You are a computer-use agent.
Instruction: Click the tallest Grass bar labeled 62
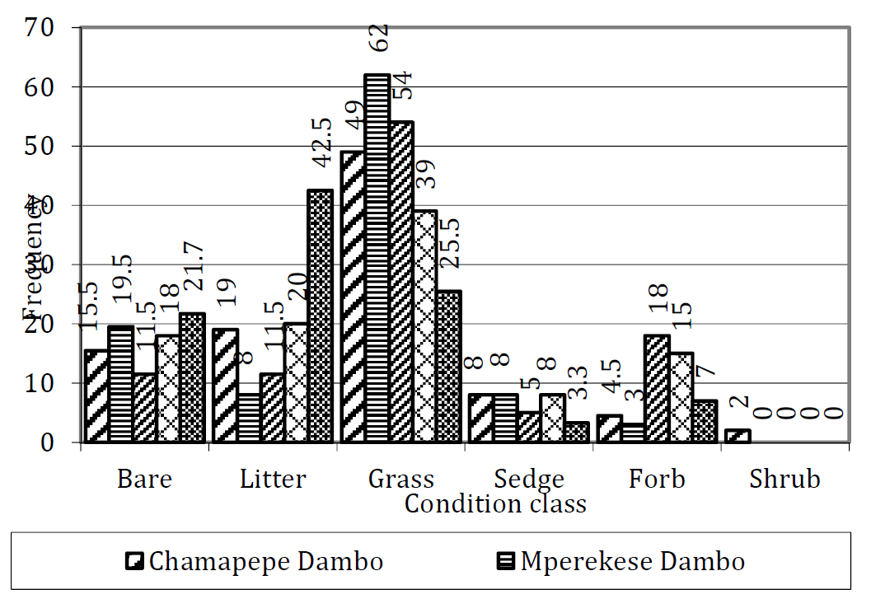(377, 258)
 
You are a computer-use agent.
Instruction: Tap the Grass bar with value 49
(352, 297)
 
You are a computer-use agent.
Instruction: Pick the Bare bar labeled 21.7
(191, 377)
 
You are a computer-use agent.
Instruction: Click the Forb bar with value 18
(657, 389)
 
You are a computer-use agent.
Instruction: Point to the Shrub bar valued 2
(738, 436)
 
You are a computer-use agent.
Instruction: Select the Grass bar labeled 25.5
(448, 367)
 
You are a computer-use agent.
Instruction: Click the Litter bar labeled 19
(225, 386)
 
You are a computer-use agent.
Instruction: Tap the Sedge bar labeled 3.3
(577, 433)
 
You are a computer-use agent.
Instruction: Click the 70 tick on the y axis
(41, 28)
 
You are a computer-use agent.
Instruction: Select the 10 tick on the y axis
(41, 384)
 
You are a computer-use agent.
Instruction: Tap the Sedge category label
(529, 479)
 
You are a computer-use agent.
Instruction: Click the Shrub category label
(784, 479)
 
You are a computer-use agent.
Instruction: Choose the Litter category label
(273, 479)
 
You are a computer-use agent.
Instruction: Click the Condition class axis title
(495, 504)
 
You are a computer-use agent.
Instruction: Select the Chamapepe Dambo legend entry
(255, 562)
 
